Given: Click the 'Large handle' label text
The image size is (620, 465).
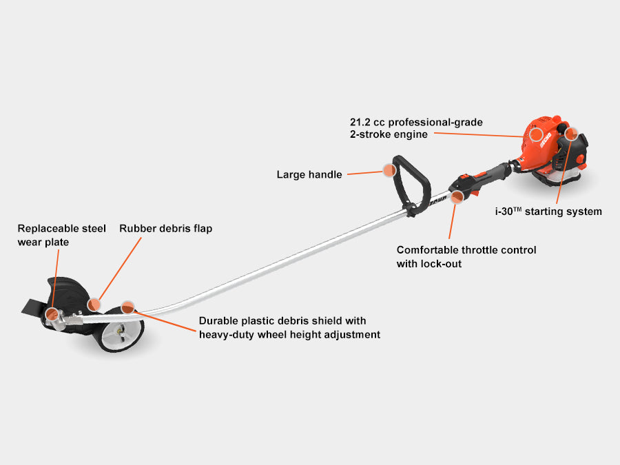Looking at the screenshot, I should pyautogui.click(x=309, y=174).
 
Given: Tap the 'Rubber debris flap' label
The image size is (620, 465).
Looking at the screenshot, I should pyautogui.click(x=165, y=228).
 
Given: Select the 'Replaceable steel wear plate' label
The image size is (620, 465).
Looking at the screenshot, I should pyautogui.click(x=61, y=235).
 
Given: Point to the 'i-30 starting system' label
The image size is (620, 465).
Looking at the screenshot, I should pyautogui.click(x=548, y=211).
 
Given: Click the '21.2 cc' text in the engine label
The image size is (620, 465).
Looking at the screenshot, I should pyautogui.click(x=365, y=122).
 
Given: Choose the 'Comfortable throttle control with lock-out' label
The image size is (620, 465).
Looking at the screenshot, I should pyautogui.click(x=466, y=256).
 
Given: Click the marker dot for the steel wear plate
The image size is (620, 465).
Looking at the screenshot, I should pyautogui.click(x=52, y=315).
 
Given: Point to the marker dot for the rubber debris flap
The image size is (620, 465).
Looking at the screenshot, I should pyautogui.click(x=94, y=304).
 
